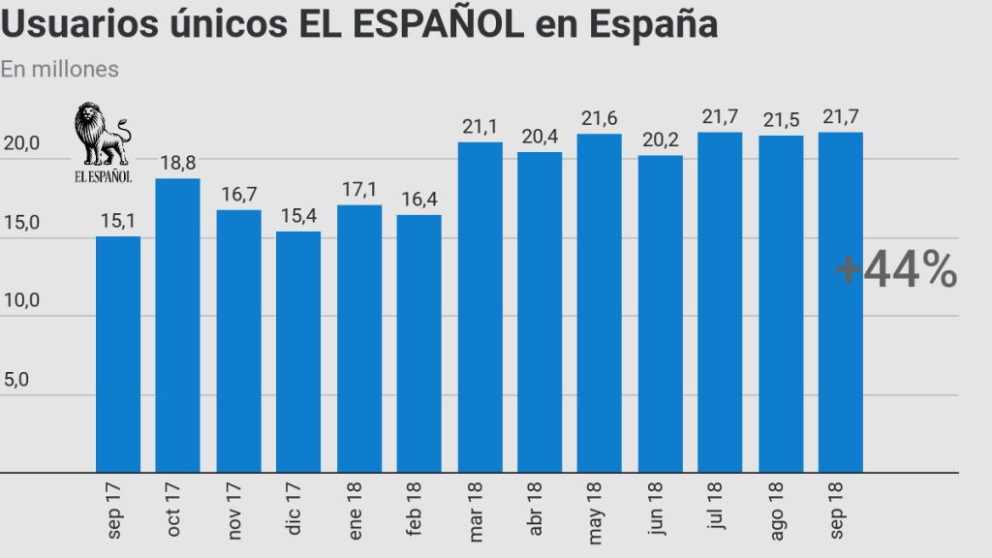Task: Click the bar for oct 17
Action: click(x=177, y=325)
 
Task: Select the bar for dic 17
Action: click(x=298, y=352)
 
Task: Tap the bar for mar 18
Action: click(x=480, y=307)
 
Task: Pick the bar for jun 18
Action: click(x=661, y=314)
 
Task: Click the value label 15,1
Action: click(x=117, y=222)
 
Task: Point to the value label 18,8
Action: click(x=178, y=163)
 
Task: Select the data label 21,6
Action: click(x=601, y=118)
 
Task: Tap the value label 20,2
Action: click(x=661, y=139)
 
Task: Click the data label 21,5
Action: click(x=781, y=119)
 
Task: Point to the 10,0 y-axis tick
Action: click(x=21, y=300)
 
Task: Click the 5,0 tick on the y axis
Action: click(x=16, y=380)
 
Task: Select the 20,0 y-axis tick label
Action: click(x=21, y=143)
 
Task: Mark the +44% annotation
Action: click(x=896, y=270)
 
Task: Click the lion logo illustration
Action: click(x=102, y=135)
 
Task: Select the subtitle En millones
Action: click(x=60, y=70)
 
